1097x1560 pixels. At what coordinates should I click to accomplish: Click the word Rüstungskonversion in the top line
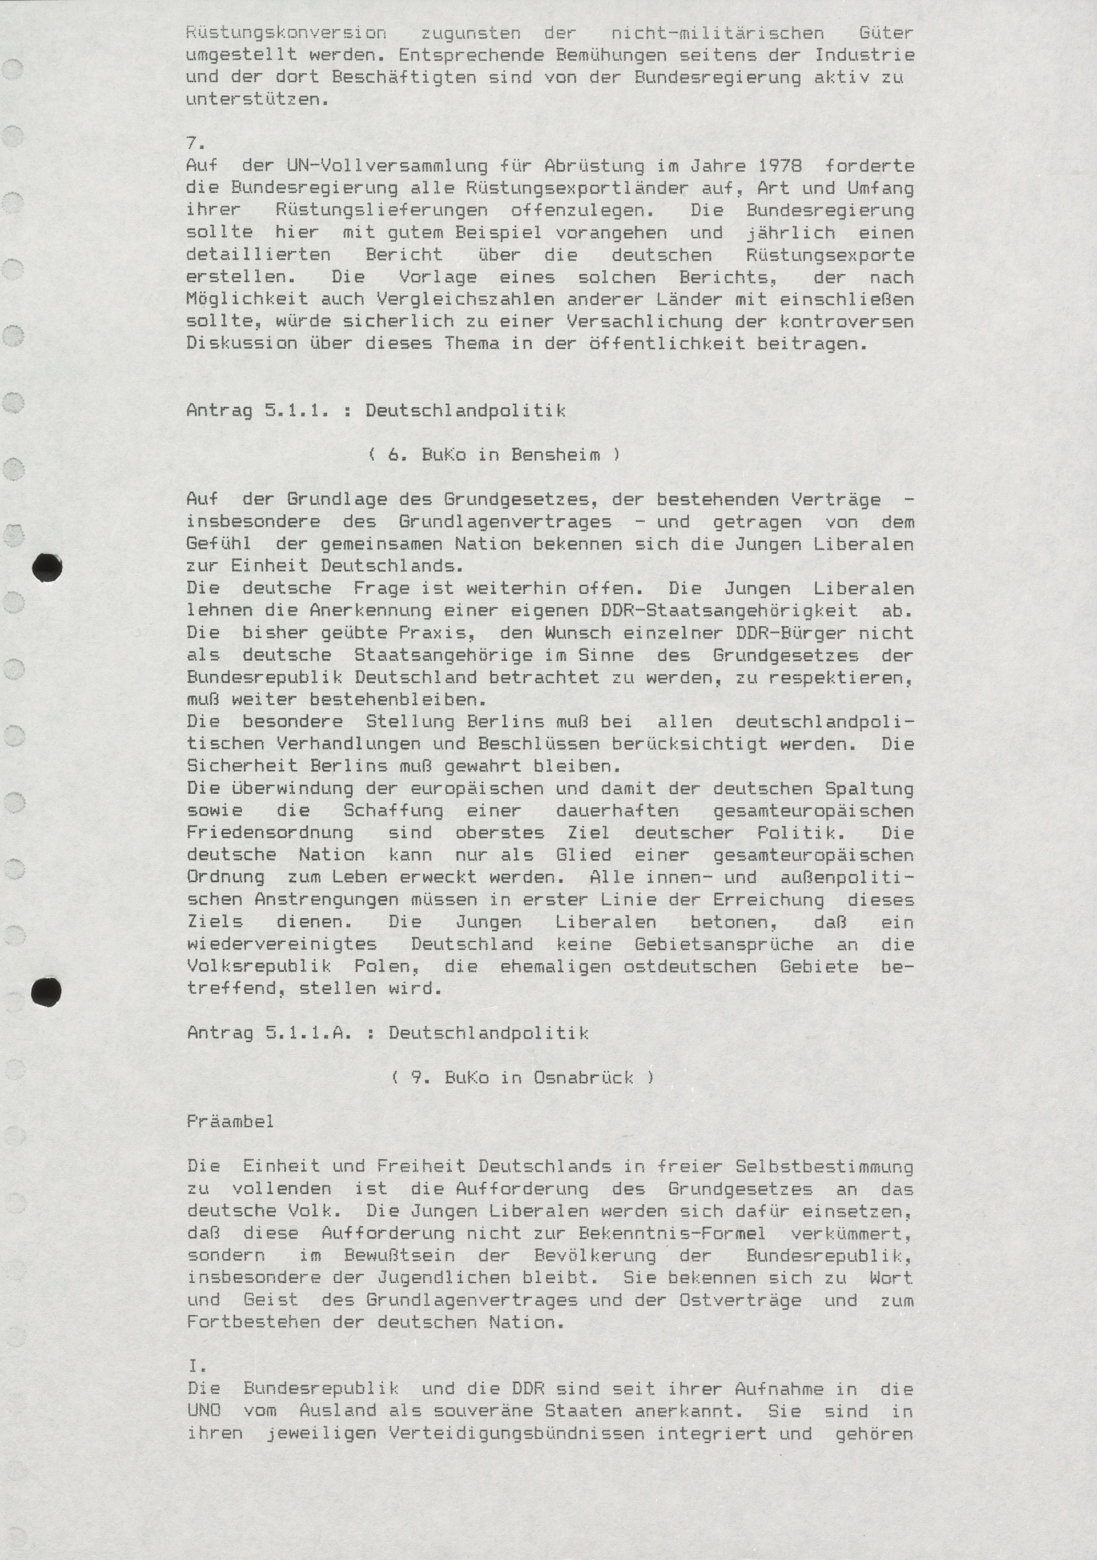point(286,32)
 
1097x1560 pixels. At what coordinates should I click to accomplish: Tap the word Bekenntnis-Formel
point(673,1233)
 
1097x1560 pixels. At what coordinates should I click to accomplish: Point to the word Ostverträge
point(741,1300)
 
